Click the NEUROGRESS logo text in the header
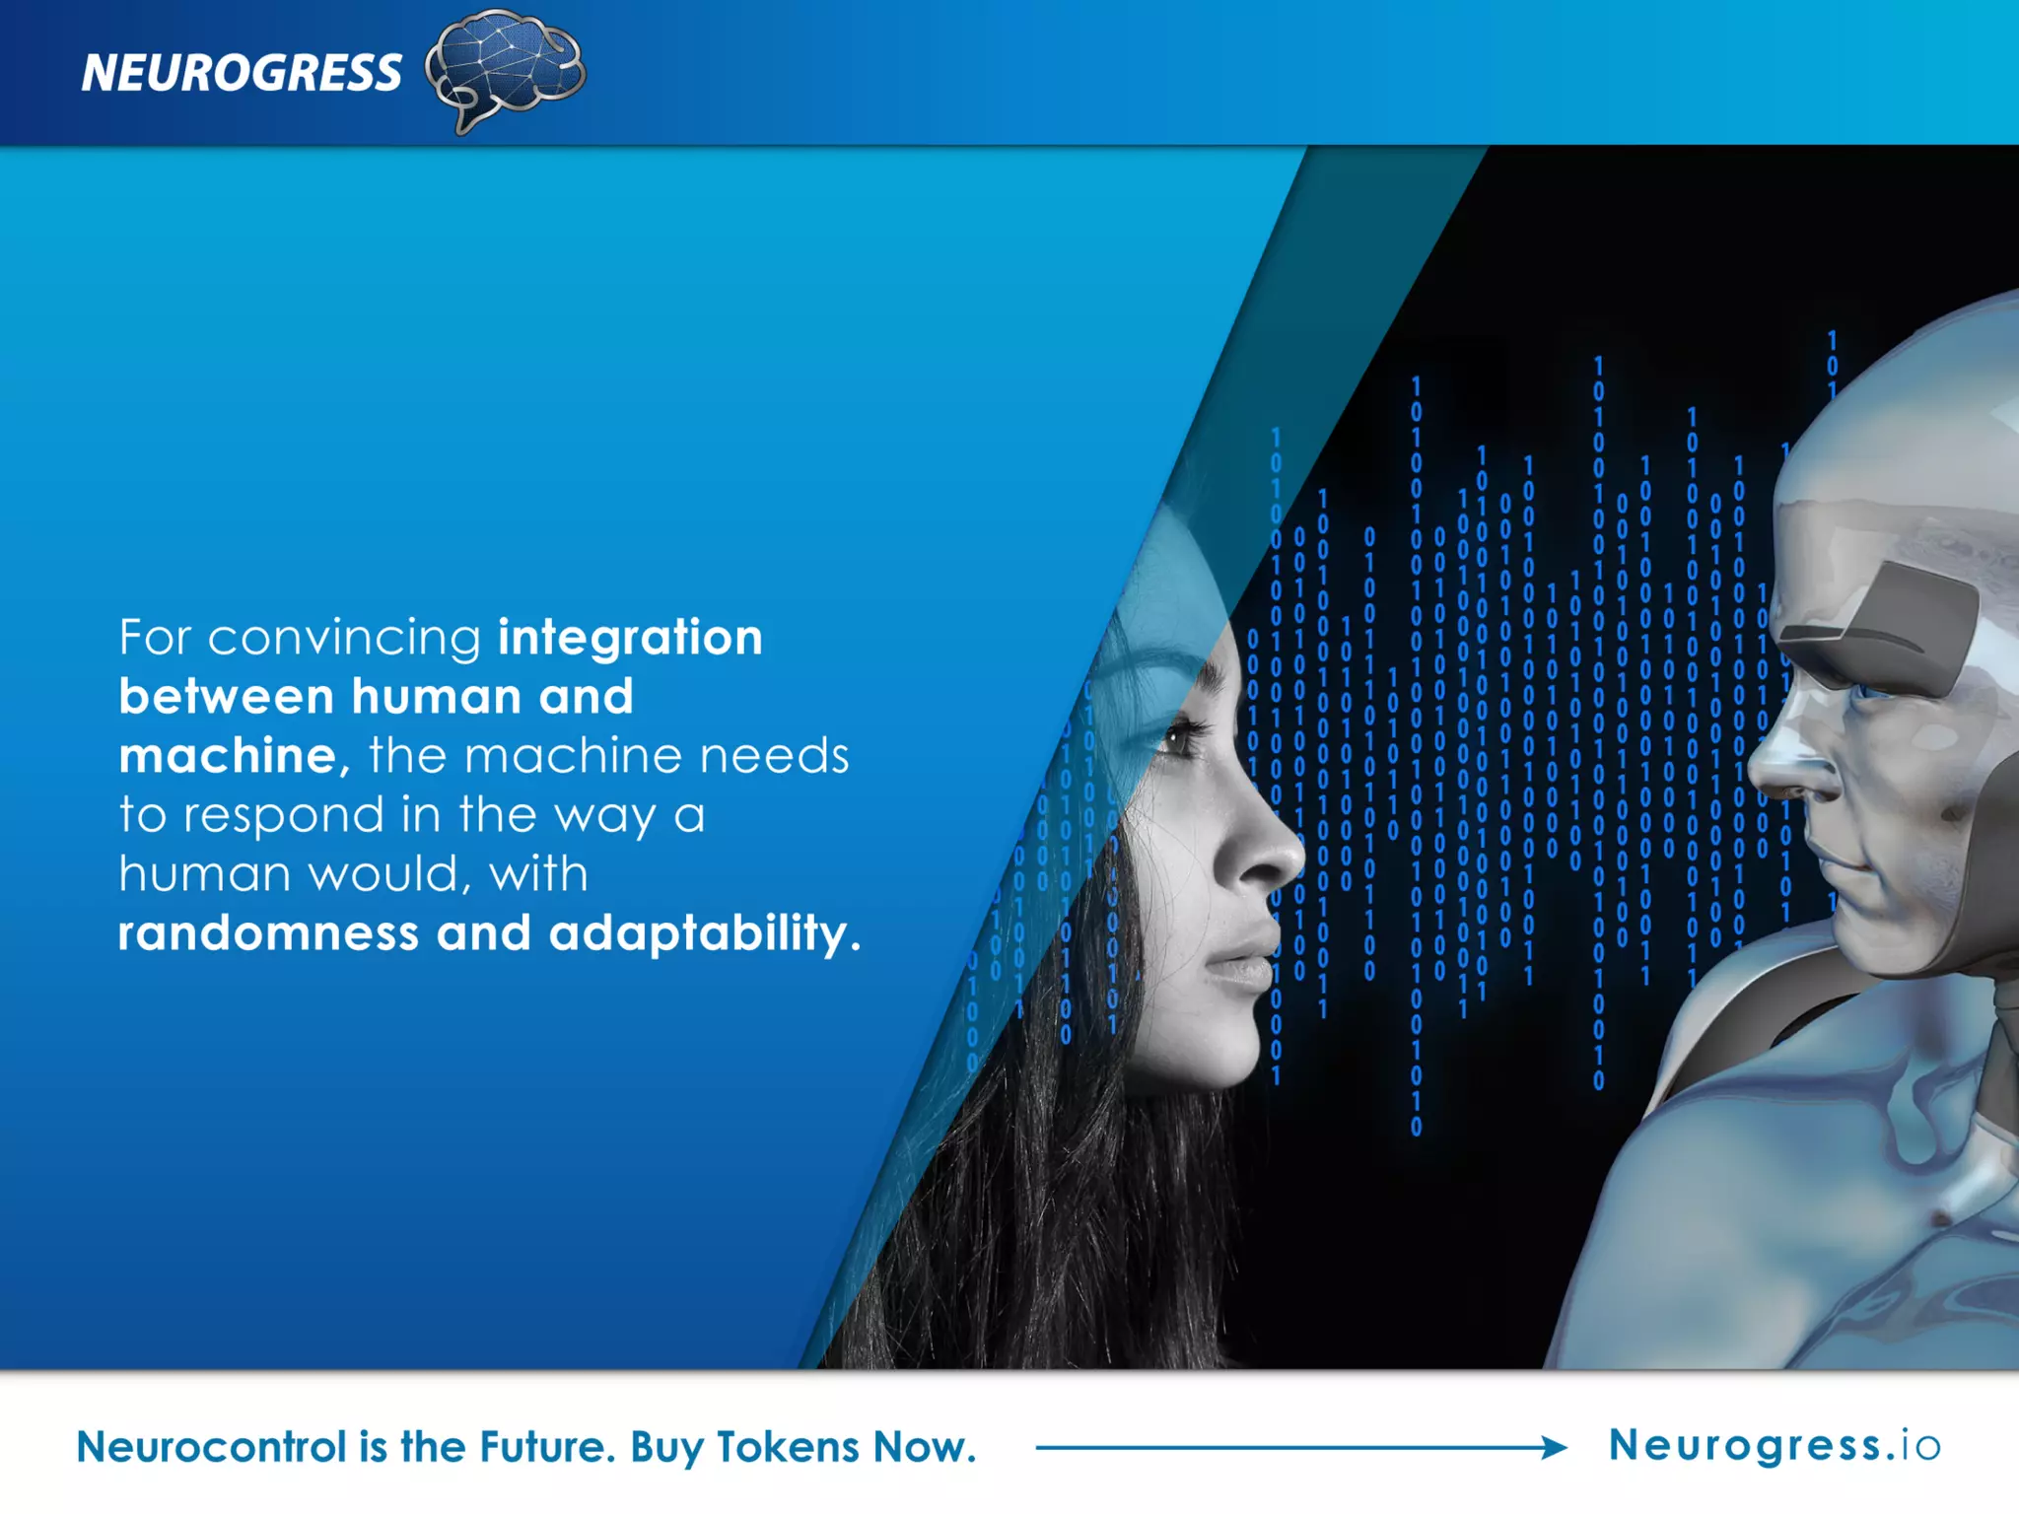[x=242, y=73]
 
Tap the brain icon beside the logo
[x=506, y=67]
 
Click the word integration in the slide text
[x=630, y=638]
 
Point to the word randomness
[x=268, y=932]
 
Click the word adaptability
[x=704, y=933]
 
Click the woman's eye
[x=1177, y=738]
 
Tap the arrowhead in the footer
[x=1555, y=1447]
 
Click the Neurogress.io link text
[x=1775, y=1446]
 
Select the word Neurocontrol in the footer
[x=211, y=1448]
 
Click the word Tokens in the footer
[x=788, y=1448]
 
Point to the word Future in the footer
[x=546, y=1448]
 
